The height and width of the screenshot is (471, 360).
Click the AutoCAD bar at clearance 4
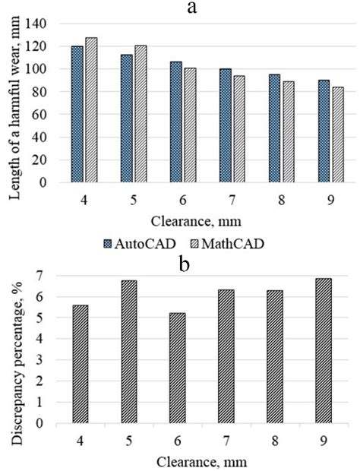click(77, 114)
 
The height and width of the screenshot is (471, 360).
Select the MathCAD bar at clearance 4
click(92, 110)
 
